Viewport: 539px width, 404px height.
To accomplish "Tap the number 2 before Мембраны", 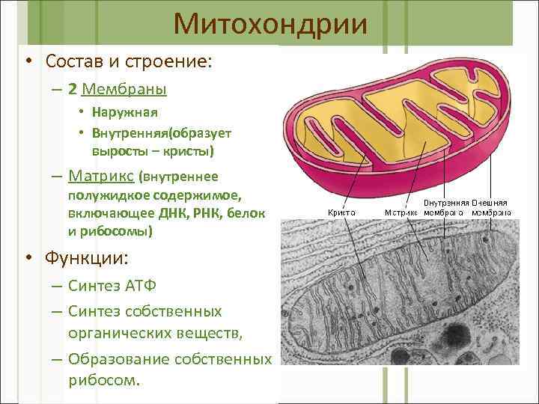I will (x=72, y=89).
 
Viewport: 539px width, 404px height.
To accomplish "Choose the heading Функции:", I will (x=87, y=258).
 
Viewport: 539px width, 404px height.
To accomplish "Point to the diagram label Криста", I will (x=341, y=212).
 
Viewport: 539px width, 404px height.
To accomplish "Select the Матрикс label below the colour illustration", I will (x=401, y=212).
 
